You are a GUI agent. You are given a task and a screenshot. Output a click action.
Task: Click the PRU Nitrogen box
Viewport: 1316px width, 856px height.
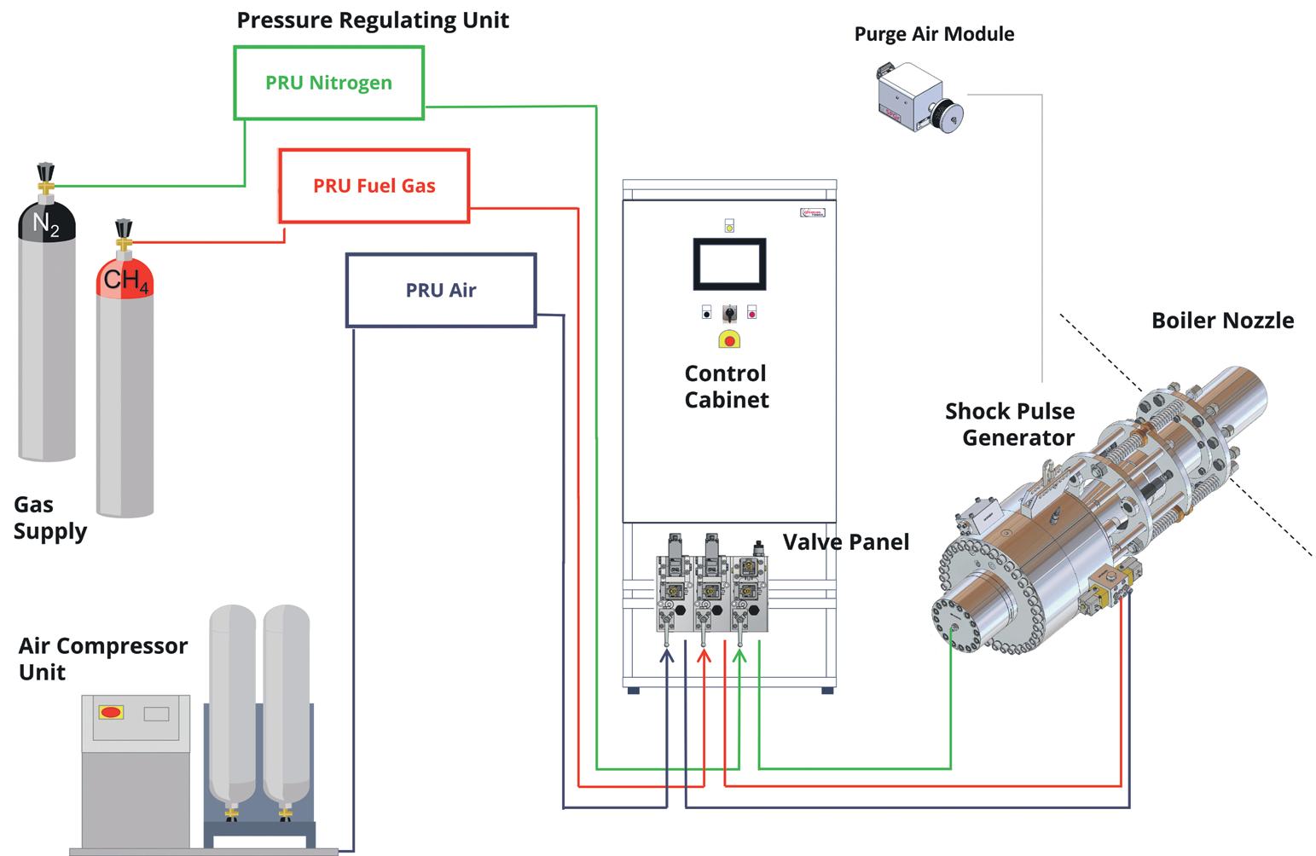(x=328, y=83)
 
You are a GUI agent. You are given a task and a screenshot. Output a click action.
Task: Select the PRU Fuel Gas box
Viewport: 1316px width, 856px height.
(x=374, y=186)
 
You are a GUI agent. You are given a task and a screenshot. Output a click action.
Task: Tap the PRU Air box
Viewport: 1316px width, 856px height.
(x=440, y=290)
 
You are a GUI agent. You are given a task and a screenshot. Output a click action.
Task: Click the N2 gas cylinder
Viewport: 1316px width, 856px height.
(x=47, y=333)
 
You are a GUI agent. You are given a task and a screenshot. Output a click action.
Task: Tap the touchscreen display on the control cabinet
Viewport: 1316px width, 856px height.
(x=728, y=264)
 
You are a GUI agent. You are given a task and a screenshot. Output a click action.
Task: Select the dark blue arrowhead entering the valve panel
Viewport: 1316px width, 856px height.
(x=667, y=656)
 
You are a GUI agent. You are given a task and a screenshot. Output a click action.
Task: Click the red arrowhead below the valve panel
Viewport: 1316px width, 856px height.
(x=704, y=656)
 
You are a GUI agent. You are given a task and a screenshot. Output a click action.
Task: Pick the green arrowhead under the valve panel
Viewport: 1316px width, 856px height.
(x=739, y=656)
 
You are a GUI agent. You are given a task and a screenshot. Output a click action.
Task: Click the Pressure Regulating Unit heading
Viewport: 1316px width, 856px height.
(x=373, y=20)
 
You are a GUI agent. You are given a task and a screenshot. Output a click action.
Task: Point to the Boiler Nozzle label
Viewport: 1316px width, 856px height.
(x=1222, y=321)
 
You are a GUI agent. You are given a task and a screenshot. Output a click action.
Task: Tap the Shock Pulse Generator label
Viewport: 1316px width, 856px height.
(x=1011, y=424)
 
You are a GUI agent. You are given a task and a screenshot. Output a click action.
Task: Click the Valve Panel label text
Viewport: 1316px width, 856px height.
(x=846, y=542)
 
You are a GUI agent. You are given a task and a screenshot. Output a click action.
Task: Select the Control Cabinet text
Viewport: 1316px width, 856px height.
(x=727, y=386)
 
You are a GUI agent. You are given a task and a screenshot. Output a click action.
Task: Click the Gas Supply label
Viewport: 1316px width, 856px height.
(x=49, y=518)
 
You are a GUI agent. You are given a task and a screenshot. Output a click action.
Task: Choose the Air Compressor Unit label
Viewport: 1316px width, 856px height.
(x=102, y=658)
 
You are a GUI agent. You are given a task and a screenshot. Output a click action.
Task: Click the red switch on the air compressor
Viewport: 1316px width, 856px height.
(x=111, y=712)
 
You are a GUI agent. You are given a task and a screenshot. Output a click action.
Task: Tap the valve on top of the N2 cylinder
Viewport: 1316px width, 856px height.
(x=45, y=177)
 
